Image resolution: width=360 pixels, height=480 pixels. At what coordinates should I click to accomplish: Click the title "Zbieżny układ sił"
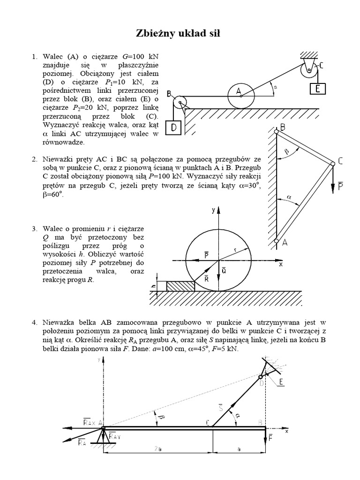pos(180,34)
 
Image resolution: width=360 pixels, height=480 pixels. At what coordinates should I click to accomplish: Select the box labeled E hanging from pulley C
pos(318,88)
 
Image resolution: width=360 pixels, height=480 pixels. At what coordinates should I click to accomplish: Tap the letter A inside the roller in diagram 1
pos(238,91)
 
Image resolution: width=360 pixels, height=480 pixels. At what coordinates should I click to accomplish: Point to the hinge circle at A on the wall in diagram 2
pos(277,241)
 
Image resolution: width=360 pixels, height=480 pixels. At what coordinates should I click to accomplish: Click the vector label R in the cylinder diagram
pos(207,278)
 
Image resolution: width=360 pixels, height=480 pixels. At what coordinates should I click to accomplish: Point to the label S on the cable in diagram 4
pos(220,407)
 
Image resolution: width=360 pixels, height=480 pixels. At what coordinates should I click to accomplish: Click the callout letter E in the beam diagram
pos(281,382)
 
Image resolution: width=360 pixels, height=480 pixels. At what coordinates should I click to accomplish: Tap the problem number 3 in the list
pos(34,229)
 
